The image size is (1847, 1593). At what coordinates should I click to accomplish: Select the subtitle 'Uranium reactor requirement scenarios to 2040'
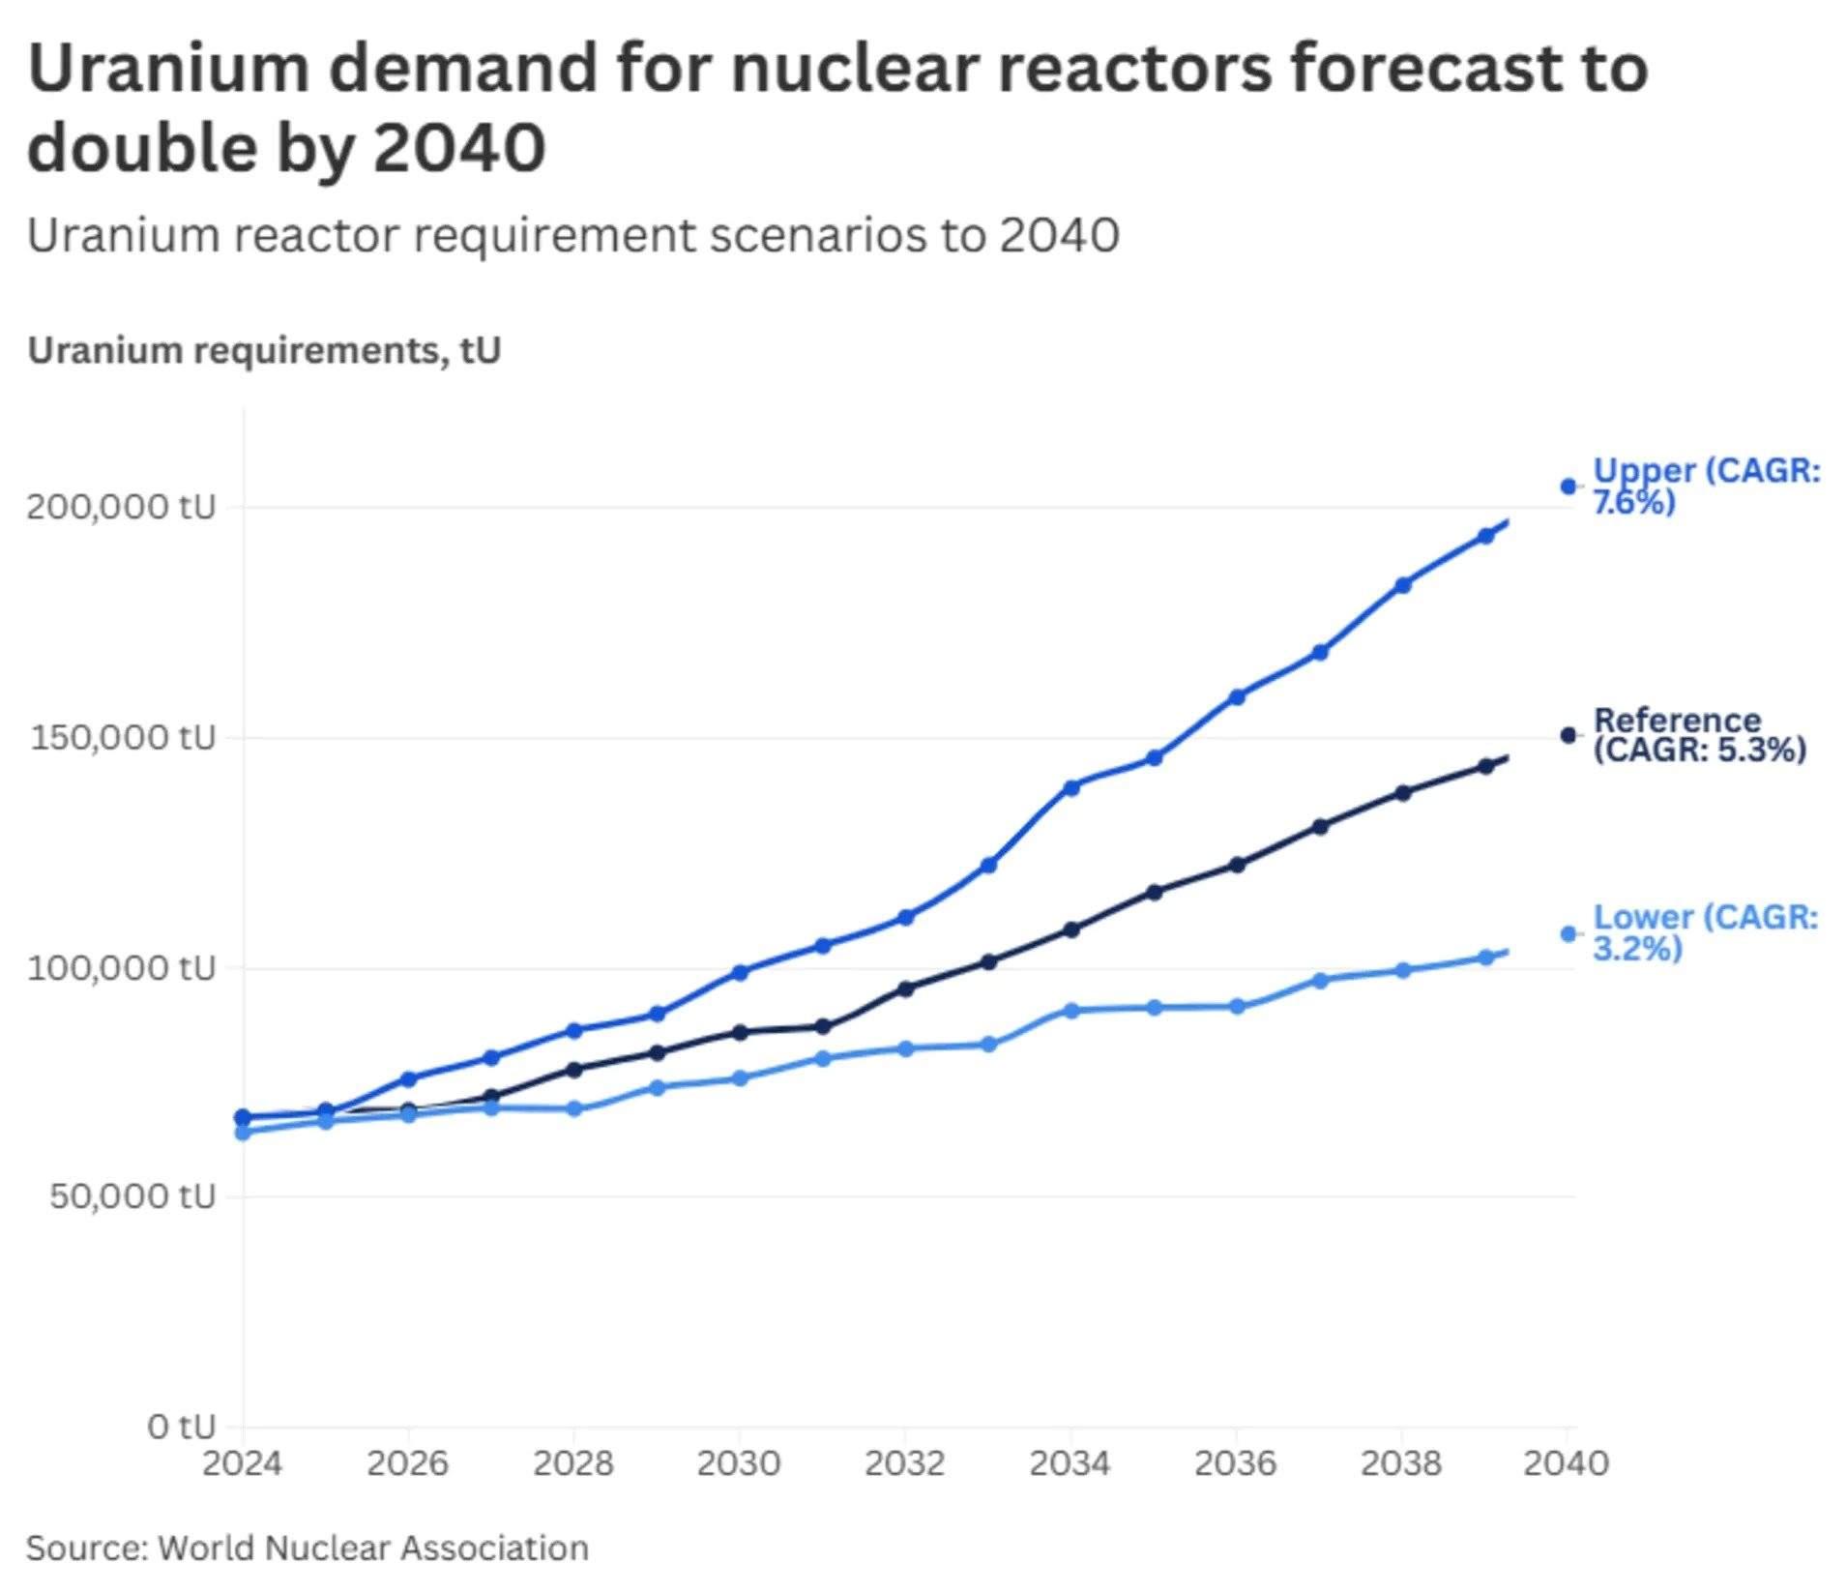click(572, 235)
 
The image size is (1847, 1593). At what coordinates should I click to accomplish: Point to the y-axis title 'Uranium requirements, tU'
click(264, 350)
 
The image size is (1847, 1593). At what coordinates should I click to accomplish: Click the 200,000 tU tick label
click(121, 506)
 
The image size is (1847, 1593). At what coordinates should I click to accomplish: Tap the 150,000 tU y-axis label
click(123, 737)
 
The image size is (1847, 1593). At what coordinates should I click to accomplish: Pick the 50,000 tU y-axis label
click(132, 1195)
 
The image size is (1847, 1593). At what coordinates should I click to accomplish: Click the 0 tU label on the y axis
click(181, 1426)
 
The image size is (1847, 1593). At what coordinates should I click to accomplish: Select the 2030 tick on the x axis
click(739, 1463)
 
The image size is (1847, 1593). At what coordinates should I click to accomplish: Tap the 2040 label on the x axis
click(1566, 1463)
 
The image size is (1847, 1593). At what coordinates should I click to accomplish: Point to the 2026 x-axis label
click(407, 1463)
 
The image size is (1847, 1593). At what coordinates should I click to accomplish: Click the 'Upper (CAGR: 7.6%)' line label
click(1706, 486)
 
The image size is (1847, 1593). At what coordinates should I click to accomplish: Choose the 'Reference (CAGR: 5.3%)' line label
click(1699, 735)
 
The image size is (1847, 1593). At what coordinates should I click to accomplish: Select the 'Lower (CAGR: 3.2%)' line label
click(1705, 932)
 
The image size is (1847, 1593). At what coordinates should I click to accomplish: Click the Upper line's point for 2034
click(1071, 787)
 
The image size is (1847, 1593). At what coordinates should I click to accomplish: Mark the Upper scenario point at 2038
click(1403, 585)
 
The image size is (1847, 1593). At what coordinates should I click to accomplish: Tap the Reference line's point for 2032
click(906, 988)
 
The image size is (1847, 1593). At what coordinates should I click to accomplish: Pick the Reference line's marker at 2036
click(1237, 865)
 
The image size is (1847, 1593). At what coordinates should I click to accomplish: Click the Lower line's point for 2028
click(574, 1108)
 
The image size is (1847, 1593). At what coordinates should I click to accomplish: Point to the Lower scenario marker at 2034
click(1071, 1011)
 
